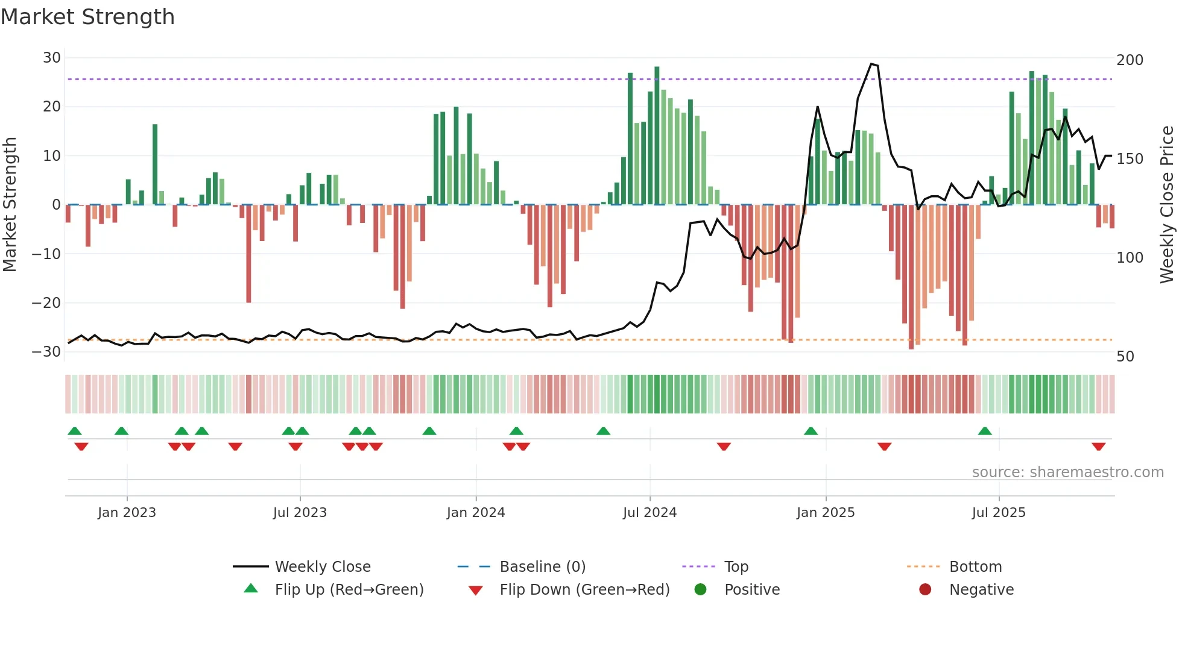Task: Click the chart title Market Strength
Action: pos(88,17)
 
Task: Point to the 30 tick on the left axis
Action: pos(52,58)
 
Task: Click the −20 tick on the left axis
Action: pos(46,303)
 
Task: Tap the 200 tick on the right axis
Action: pos(1130,60)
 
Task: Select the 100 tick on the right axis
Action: pos(1130,258)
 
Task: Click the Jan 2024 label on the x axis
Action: pos(476,513)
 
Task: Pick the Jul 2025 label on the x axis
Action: pos(999,513)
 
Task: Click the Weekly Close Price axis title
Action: pos(1167,205)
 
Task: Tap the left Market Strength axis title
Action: pos(10,205)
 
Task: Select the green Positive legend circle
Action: pos(700,589)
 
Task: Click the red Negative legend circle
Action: pos(925,589)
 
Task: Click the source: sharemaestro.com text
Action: pos(1067,472)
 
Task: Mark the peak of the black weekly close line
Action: pos(871,64)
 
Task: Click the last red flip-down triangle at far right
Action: pos(1098,446)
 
